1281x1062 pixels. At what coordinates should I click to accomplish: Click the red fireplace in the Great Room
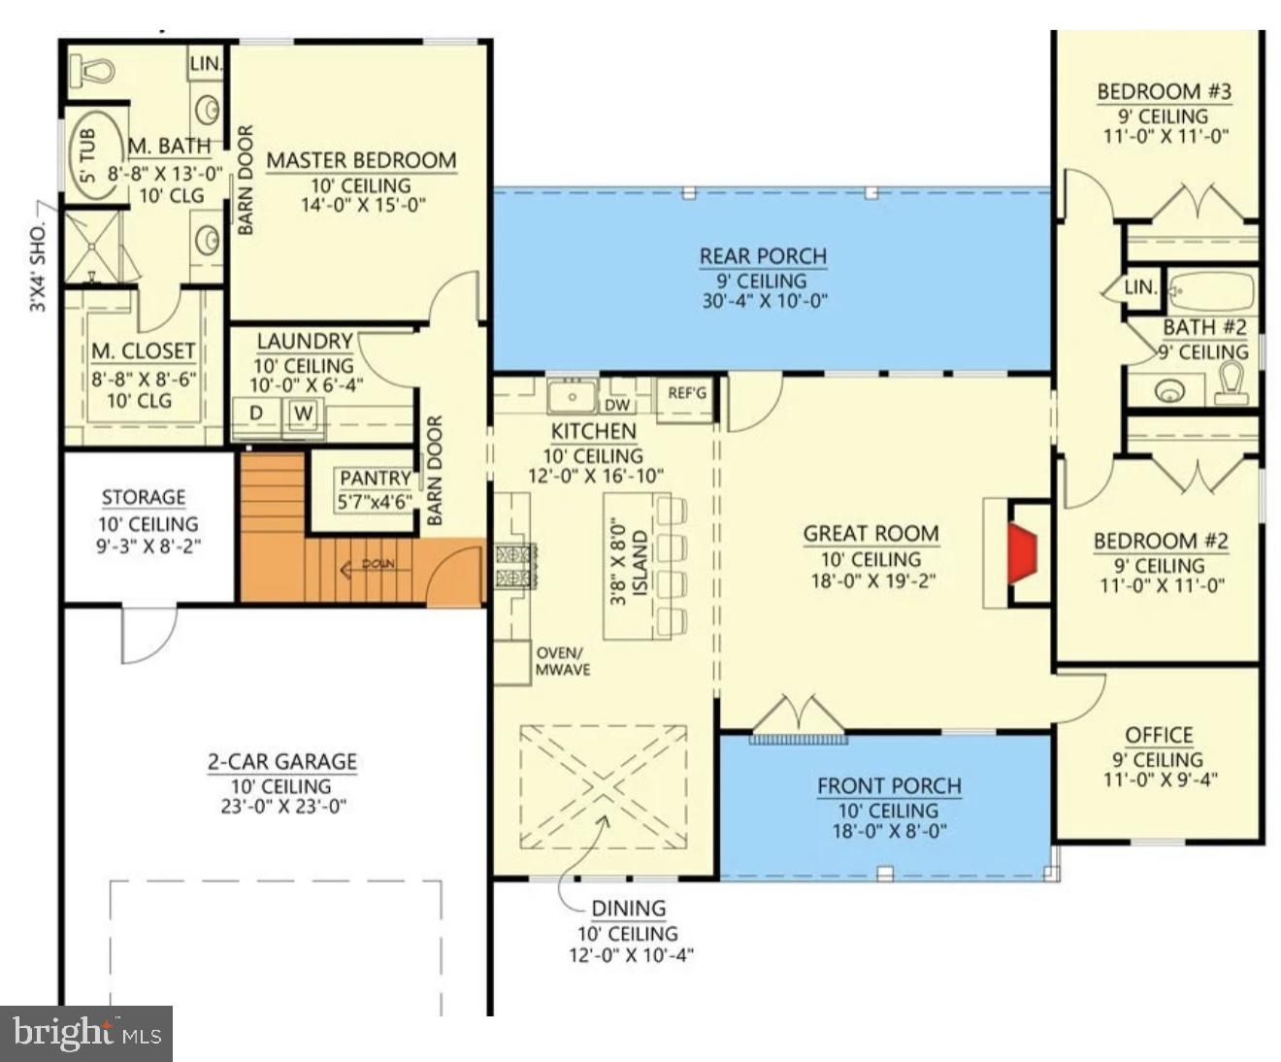point(1022,554)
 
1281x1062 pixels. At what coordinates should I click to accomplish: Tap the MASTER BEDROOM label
point(361,160)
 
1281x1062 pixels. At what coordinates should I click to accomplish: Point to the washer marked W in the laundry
point(304,415)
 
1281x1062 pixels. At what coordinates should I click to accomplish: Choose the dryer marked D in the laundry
point(256,415)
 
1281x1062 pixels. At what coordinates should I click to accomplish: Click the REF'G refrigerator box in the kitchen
point(687,394)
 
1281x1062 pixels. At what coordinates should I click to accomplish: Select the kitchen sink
point(571,397)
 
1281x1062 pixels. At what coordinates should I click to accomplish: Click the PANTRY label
point(375,479)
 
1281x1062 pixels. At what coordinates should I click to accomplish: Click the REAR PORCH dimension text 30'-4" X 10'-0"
point(764,301)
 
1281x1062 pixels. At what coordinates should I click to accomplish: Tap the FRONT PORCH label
point(889,785)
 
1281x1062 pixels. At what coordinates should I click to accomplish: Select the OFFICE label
point(1159,735)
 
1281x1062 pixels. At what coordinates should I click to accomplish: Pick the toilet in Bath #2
point(1232,383)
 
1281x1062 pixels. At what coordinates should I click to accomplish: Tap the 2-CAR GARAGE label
point(282,762)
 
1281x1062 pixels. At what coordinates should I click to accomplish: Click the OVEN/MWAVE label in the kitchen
point(563,661)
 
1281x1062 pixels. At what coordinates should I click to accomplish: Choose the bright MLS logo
point(86,1033)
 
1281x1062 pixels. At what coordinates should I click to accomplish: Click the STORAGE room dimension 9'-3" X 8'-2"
point(148,547)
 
